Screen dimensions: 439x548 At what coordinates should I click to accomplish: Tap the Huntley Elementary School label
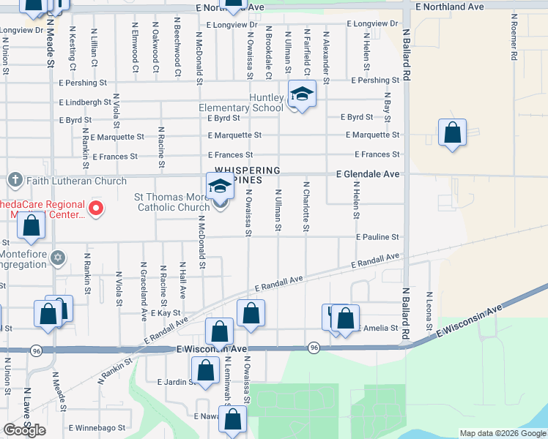pyautogui.click(x=241, y=103)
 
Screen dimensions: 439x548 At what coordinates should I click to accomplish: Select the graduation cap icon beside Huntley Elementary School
pyautogui.click(x=301, y=95)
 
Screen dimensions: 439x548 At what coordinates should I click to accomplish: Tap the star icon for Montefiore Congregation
pyautogui.click(x=59, y=258)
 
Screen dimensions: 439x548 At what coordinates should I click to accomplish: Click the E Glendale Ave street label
pyautogui.click(x=368, y=174)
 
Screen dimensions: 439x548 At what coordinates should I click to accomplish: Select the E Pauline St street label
pyautogui.click(x=378, y=237)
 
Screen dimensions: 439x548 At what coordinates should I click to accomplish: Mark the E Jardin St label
pyautogui.click(x=174, y=381)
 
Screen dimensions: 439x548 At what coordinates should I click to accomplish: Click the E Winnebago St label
pyautogui.click(x=93, y=427)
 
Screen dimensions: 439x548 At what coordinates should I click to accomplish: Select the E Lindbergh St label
pyautogui.click(x=86, y=102)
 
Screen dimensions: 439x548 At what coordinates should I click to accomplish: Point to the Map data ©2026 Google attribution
pyautogui.click(x=502, y=433)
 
